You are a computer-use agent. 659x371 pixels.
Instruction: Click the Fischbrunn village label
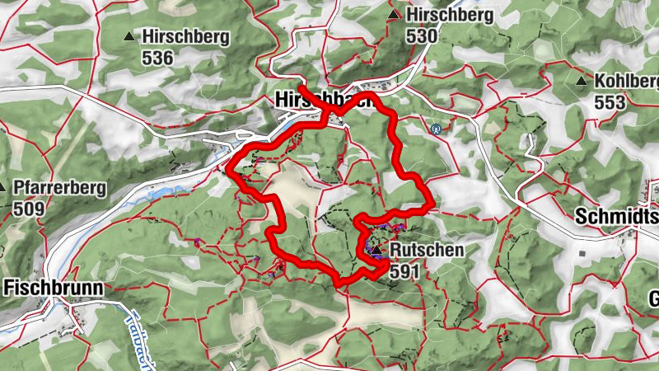[x=54, y=288]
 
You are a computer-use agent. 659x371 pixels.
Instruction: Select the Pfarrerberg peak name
[x=59, y=188]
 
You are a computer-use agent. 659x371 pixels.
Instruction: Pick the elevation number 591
[x=407, y=270]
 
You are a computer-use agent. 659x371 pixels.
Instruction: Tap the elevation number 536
[x=157, y=58]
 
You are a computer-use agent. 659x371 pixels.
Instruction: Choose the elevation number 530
[x=421, y=36]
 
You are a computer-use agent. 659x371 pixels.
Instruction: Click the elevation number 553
[x=610, y=102]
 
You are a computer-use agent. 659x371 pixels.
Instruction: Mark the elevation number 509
[x=29, y=209]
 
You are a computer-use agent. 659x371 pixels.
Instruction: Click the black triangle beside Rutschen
[x=376, y=249]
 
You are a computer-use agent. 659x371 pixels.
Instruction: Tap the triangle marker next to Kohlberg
[x=582, y=82]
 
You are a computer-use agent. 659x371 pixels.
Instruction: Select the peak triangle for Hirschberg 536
[x=129, y=36]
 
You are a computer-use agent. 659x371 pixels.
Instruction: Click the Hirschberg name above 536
[x=185, y=36]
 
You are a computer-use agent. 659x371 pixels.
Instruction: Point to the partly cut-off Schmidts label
[x=616, y=217]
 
